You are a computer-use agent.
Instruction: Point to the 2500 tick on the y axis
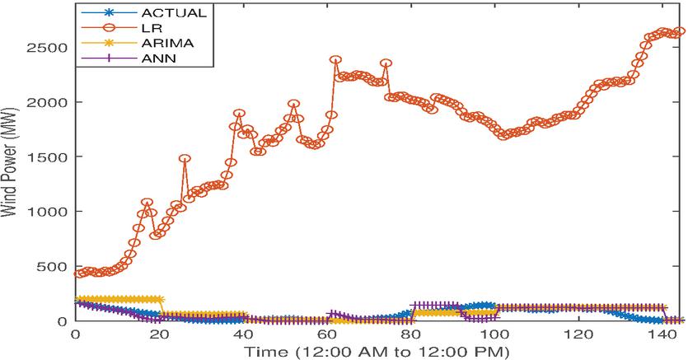coord(50,48)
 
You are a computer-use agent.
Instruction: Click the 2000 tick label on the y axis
coord(50,102)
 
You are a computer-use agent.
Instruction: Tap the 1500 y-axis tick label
coord(50,157)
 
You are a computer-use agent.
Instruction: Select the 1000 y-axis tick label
coord(50,212)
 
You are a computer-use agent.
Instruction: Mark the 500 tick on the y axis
coord(54,267)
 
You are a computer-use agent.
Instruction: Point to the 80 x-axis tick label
coord(411,335)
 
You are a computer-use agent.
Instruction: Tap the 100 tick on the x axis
coord(494,335)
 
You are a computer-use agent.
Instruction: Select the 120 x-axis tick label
coord(578,335)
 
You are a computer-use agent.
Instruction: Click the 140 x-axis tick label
coord(662,335)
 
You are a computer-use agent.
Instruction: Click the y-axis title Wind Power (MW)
coord(11,165)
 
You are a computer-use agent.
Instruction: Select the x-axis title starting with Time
coord(381,352)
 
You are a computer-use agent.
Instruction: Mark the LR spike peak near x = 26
coord(185,159)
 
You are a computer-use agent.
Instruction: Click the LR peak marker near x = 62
coord(335,60)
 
